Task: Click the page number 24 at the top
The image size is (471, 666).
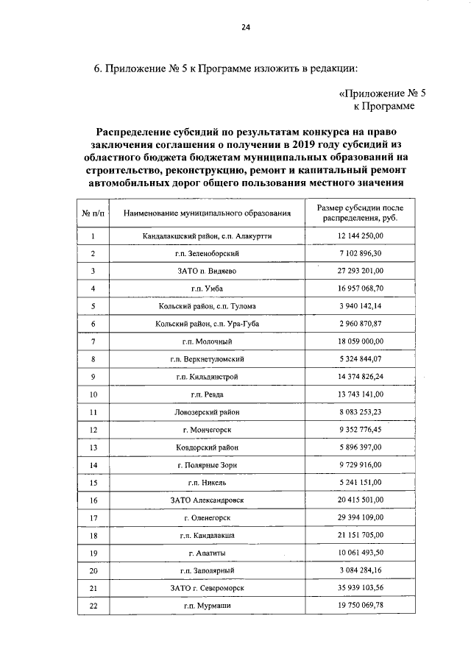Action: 245,28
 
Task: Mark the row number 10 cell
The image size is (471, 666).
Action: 93,394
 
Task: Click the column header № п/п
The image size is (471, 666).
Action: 93,213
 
